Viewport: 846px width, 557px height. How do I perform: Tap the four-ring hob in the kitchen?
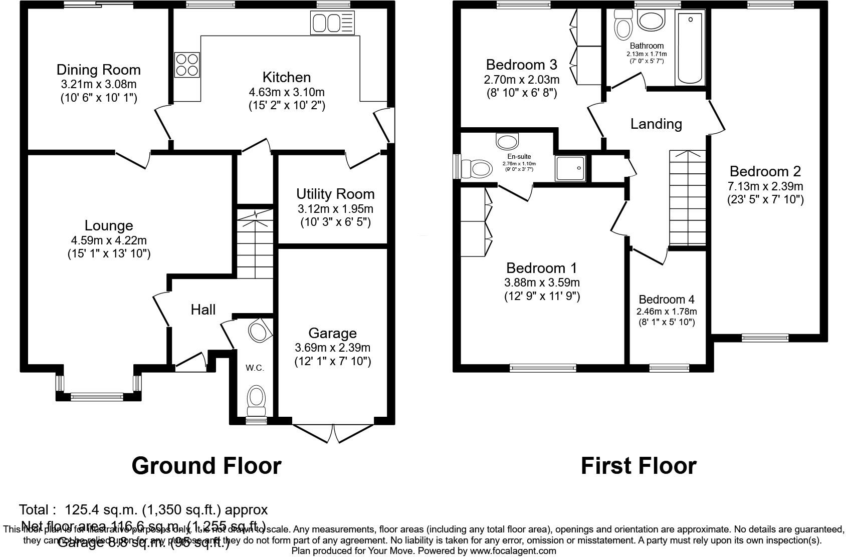tap(187, 65)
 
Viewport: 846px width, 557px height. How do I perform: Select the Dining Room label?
tap(98, 70)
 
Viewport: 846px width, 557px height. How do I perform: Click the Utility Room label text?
tap(335, 194)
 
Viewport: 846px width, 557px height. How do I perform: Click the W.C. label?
tap(255, 368)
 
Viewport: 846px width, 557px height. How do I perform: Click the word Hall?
tap(203, 310)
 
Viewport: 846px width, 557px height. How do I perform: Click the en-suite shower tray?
tap(570, 168)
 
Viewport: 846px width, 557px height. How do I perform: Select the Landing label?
tap(656, 124)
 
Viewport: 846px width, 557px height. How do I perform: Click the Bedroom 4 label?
tap(667, 300)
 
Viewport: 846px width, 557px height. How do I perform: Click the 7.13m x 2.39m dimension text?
tap(765, 186)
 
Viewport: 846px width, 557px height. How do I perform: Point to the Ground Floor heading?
tap(206, 466)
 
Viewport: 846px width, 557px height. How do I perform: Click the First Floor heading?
tap(638, 466)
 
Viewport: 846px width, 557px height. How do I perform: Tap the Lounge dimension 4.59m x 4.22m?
tap(109, 240)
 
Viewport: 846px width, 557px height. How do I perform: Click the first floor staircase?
tap(687, 198)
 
